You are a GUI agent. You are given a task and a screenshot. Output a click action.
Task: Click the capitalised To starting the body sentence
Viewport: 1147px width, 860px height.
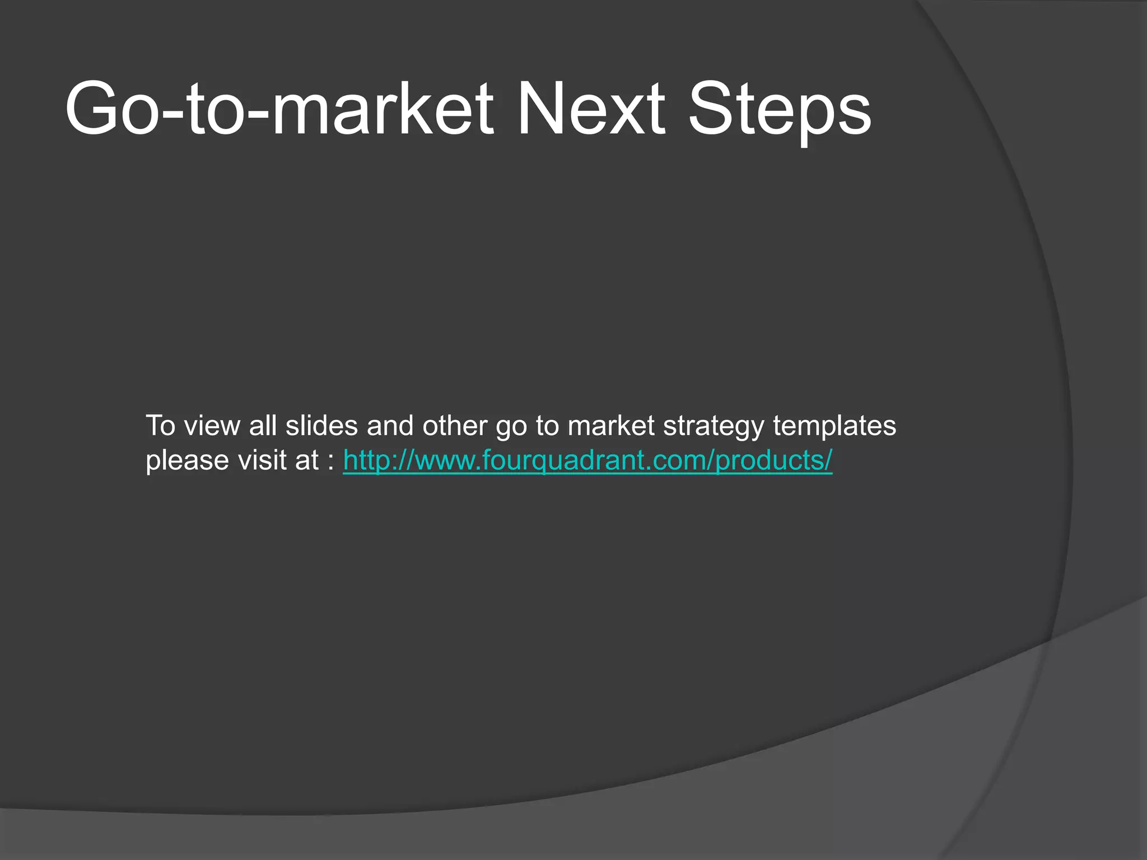161,426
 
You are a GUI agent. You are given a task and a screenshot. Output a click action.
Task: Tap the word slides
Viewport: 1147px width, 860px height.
321,426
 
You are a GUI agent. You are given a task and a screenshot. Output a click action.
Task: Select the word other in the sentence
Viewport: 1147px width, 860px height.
455,426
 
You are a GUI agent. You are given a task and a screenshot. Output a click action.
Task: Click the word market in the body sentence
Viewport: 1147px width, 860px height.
611,426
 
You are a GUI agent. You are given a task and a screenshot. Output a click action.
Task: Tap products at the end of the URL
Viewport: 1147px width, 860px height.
771,461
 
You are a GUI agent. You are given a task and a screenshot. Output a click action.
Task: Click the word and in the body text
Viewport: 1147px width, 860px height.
390,426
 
